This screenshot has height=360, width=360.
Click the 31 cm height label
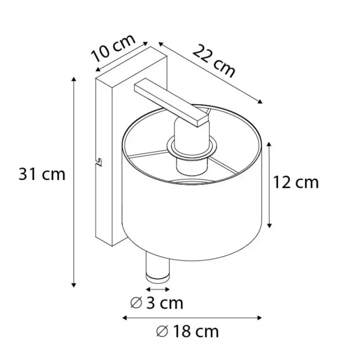tap(42, 174)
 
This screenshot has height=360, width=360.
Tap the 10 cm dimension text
tap(113, 48)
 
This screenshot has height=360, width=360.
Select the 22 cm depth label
tap(214, 61)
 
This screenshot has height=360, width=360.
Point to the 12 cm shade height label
tap(296, 183)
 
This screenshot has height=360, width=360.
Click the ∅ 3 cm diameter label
tap(157, 303)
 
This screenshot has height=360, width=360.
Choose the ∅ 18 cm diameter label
tap(187, 331)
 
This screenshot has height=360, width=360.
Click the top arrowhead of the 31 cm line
tap(73, 79)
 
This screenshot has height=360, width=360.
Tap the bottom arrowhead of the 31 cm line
tap(73, 285)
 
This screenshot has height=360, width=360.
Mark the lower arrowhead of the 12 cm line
tap(270, 226)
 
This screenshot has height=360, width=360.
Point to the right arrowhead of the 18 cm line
tap(259, 318)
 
